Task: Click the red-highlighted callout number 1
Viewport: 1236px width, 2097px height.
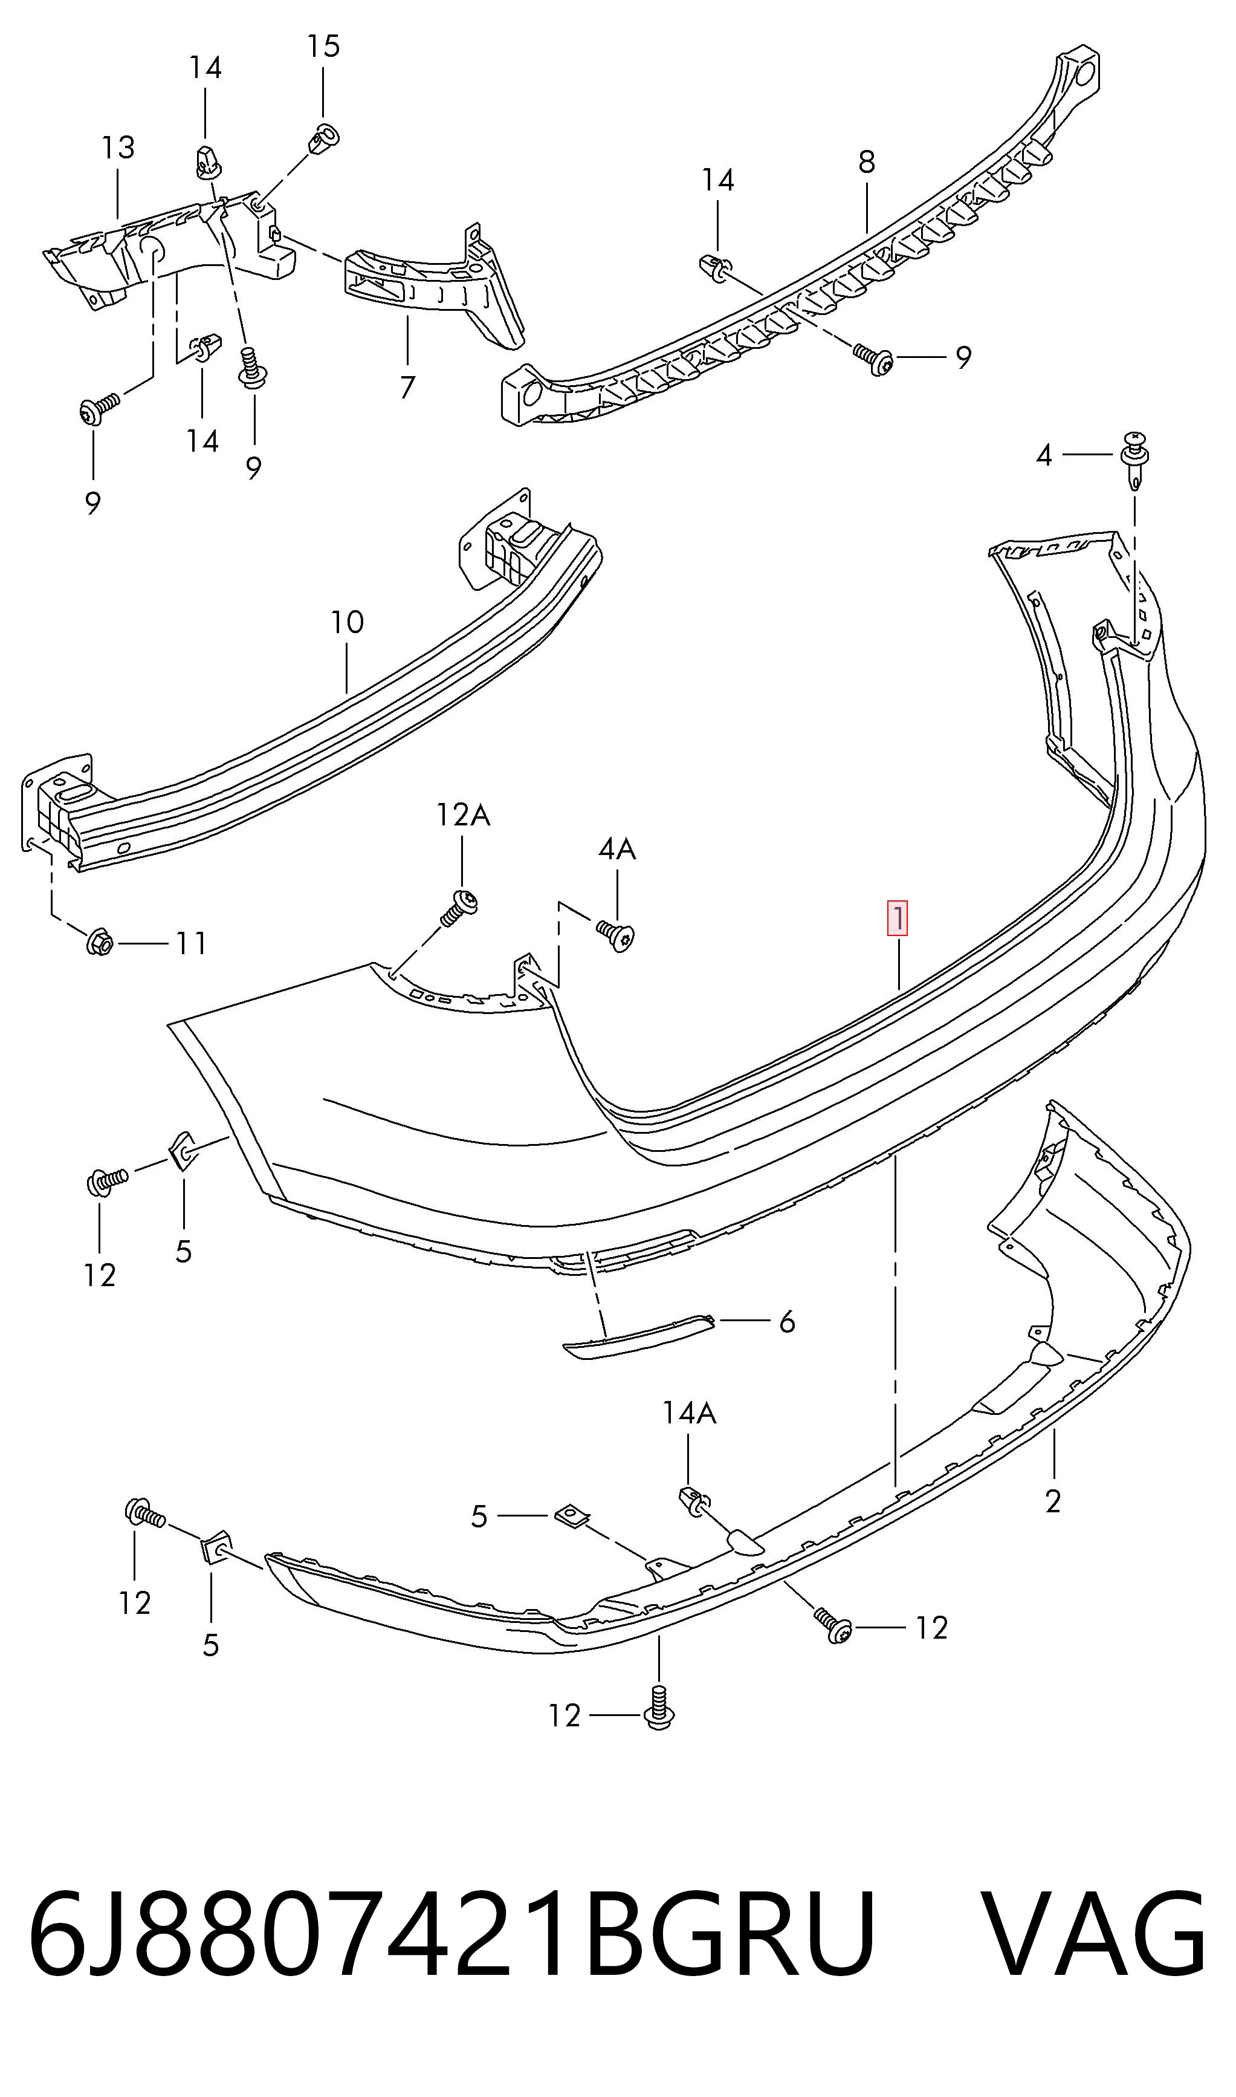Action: (898, 919)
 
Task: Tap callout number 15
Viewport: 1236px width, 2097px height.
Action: (323, 46)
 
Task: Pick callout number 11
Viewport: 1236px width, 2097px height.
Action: (192, 943)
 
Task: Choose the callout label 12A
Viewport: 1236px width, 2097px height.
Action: (463, 814)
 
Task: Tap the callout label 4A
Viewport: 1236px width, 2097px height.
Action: (616, 849)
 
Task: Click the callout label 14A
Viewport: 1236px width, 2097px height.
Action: (689, 1412)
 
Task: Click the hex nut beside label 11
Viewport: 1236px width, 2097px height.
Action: (99, 942)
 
